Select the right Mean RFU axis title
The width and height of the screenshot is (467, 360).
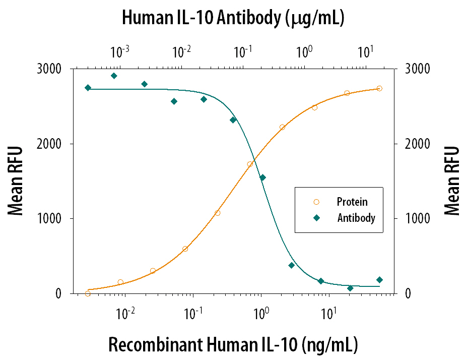452,181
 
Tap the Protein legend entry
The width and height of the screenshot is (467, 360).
352,202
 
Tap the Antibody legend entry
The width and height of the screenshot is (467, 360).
356,218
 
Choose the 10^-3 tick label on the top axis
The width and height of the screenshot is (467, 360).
120,51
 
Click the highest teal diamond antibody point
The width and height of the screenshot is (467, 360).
114,76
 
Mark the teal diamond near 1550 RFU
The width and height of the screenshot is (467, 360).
262,177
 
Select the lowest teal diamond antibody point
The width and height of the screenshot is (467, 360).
350,288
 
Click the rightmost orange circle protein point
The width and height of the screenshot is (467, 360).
379,88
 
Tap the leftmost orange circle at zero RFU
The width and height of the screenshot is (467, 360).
88,293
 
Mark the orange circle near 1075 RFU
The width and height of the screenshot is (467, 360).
218,213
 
